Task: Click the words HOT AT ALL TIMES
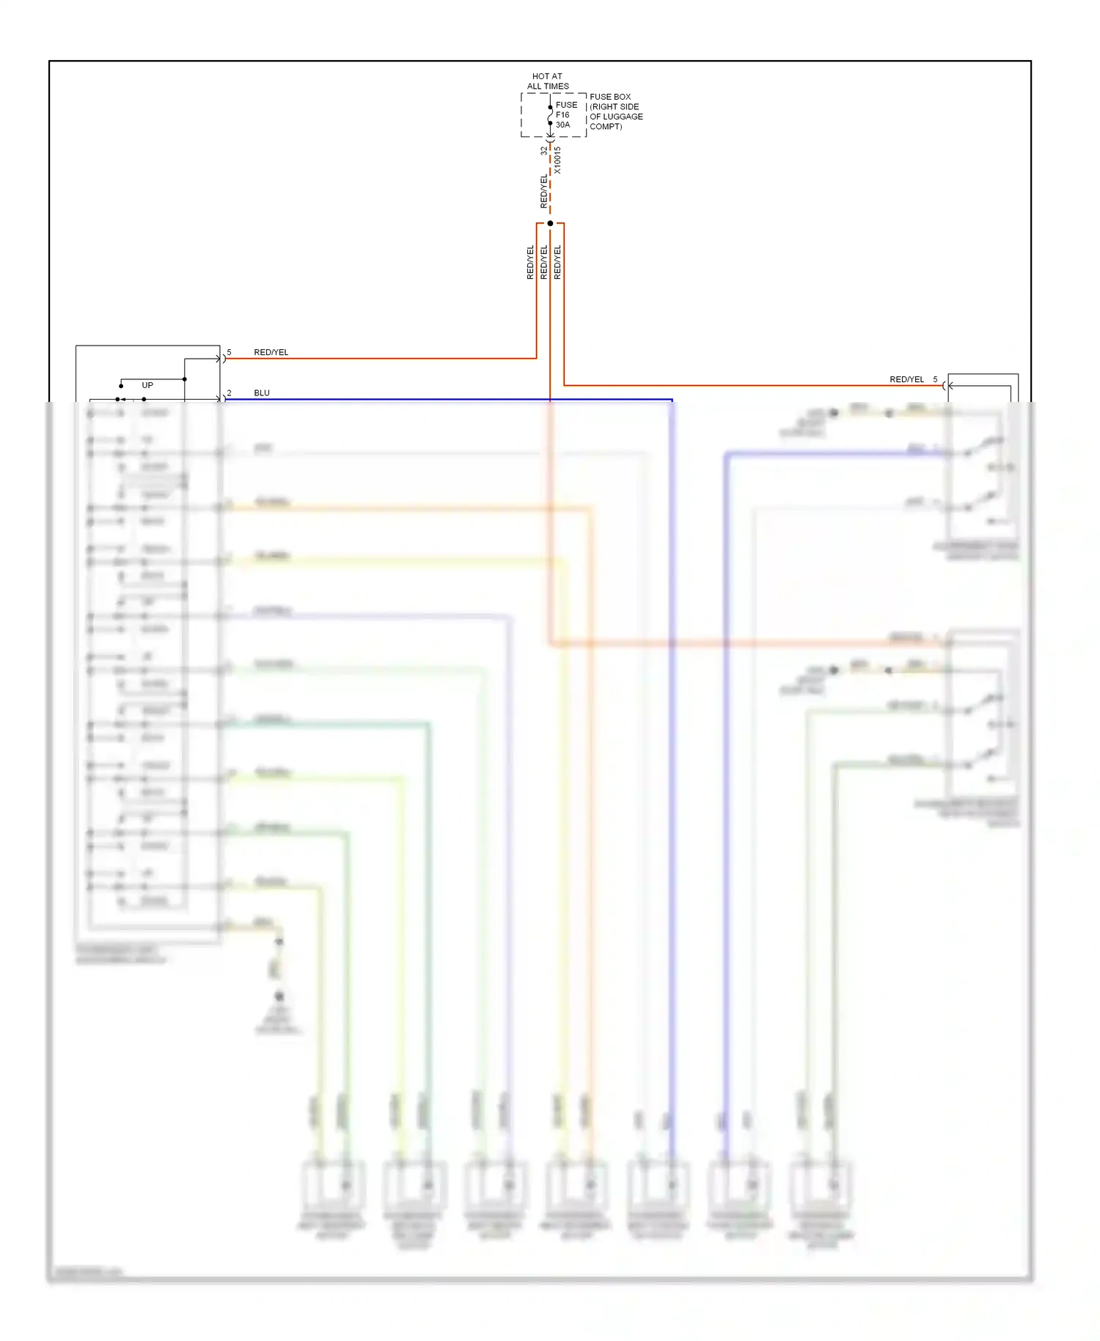pyautogui.click(x=547, y=81)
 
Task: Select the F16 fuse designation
pyautogui.click(x=562, y=114)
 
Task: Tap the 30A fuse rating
pyautogui.click(x=562, y=125)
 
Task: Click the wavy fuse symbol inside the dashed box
pyautogui.click(x=550, y=115)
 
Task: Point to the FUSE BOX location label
pyautogui.click(x=610, y=97)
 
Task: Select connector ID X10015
pyautogui.click(x=557, y=160)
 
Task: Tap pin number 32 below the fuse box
pyautogui.click(x=543, y=150)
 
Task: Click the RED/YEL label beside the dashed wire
pyautogui.click(x=543, y=191)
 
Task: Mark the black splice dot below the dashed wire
pyautogui.click(x=550, y=223)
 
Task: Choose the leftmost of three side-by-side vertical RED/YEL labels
pyautogui.click(x=530, y=262)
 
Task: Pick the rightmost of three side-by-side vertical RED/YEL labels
pyautogui.click(x=557, y=262)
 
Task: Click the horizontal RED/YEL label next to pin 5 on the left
pyautogui.click(x=271, y=352)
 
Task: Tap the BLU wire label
pyautogui.click(x=262, y=393)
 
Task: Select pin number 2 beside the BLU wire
pyautogui.click(x=230, y=393)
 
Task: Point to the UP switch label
pyautogui.click(x=147, y=385)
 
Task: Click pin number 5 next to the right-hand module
pyautogui.click(x=935, y=379)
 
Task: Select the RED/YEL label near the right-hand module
pyautogui.click(x=906, y=379)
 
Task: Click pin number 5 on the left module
pyautogui.click(x=230, y=352)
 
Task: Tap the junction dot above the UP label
pyautogui.click(x=185, y=379)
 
